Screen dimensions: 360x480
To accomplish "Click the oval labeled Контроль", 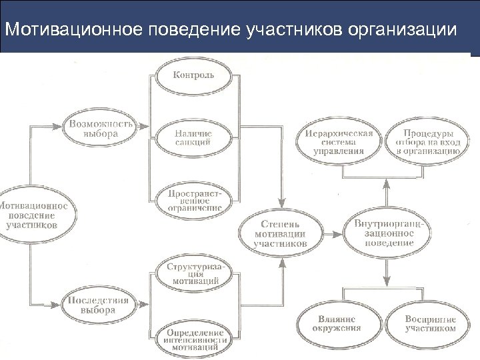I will [194, 75].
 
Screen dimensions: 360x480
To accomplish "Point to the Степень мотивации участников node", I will [281, 232].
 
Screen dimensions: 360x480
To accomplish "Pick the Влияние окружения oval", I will [340, 323].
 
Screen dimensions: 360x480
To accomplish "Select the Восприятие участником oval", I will [430, 323].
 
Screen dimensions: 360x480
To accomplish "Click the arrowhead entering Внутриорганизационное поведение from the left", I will [339, 231].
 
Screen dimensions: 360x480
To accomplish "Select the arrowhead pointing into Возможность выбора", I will [61, 125].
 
